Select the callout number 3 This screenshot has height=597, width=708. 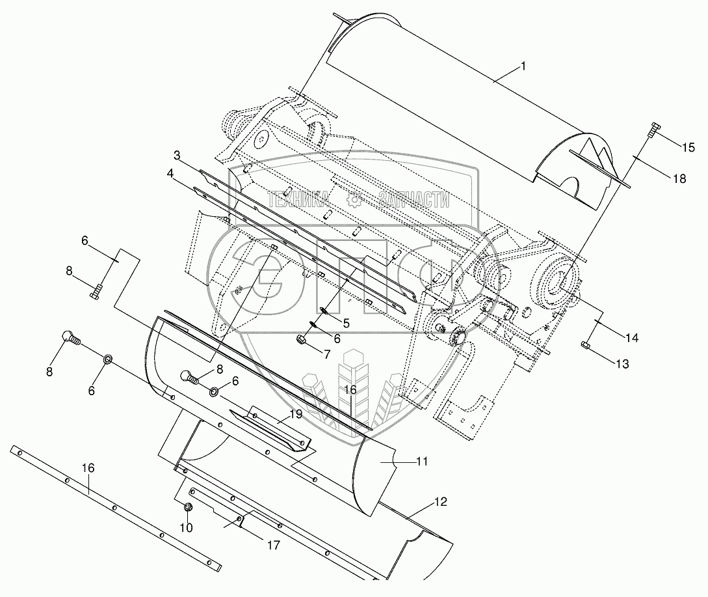[176, 156]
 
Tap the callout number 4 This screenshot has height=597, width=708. [169, 174]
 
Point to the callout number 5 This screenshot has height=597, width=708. [347, 322]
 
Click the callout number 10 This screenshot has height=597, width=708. [187, 527]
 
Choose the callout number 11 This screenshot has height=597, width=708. [422, 461]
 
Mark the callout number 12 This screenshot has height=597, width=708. [442, 503]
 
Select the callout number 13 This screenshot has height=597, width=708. [622, 365]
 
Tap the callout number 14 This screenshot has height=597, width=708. [631, 338]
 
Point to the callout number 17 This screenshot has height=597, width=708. [274, 545]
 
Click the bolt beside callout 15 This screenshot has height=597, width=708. [652, 132]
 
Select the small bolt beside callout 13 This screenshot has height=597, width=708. [585, 345]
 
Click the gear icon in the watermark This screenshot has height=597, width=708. [354, 201]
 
